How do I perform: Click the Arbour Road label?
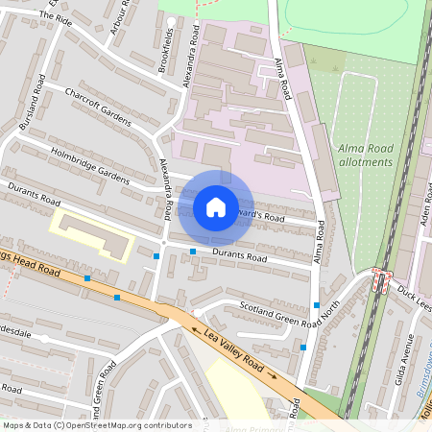(x=120, y=13)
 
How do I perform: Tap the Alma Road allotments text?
(x=366, y=156)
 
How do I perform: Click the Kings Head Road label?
(x=29, y=265)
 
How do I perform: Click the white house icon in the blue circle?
(x=216, y=206)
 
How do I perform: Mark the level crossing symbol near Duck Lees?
(x=381, y=281)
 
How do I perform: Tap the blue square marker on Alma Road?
(x=317, y=305)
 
